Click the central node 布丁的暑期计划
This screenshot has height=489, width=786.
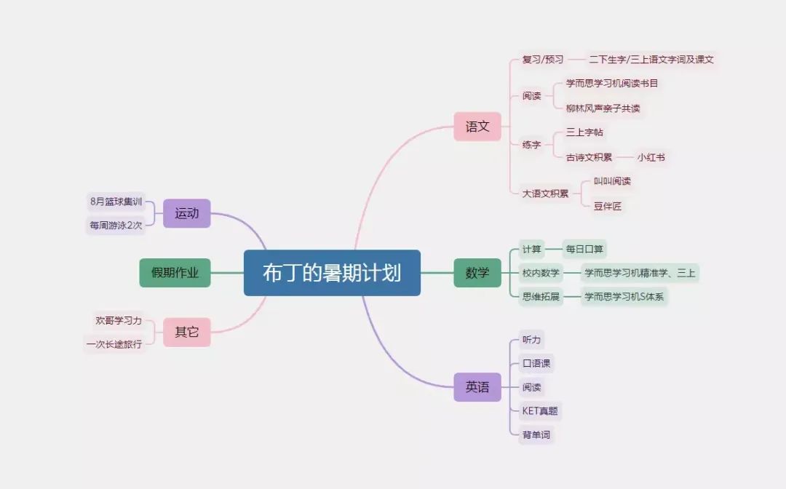[332, 273]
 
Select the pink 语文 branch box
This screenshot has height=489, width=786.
[477, 127]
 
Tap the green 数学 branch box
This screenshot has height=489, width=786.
[477, 273]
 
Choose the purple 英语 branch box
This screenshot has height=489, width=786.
[477, 387]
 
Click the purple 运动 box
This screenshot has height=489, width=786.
[186, 213]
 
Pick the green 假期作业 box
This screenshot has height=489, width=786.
[175, 273]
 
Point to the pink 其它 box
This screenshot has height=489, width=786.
[186, 332]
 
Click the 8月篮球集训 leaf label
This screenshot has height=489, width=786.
[116, 202]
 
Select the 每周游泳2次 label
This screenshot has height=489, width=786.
[116, 226]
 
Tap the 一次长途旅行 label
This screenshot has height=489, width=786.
[114, 344]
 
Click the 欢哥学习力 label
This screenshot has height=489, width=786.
[119, 320]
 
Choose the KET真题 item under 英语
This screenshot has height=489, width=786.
[540, 411]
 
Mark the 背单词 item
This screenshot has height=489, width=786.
[536, 434]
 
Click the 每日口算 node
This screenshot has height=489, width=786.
[584, 249]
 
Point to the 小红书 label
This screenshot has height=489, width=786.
[651, 157]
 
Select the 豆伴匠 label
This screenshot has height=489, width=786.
[607, 206]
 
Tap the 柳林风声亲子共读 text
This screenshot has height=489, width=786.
[603, 108]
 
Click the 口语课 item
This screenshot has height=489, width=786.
[536, 363]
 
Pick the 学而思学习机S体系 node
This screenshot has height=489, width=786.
[624, 297]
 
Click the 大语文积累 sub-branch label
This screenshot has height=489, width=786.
[545, 194]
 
